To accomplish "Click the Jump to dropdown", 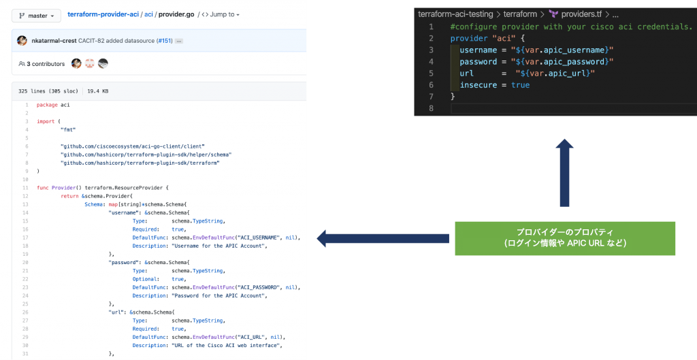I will tap(224, 14).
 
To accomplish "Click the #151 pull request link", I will tap(163, 41).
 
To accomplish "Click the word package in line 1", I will tap(48, 105).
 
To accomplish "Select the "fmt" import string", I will tap(68, 129).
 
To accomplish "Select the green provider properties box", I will tap(565, 238).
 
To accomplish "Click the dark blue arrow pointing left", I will tap(383, 238).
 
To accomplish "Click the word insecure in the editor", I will tap(479, 85).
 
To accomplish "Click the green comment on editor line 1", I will tap(571, 27).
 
